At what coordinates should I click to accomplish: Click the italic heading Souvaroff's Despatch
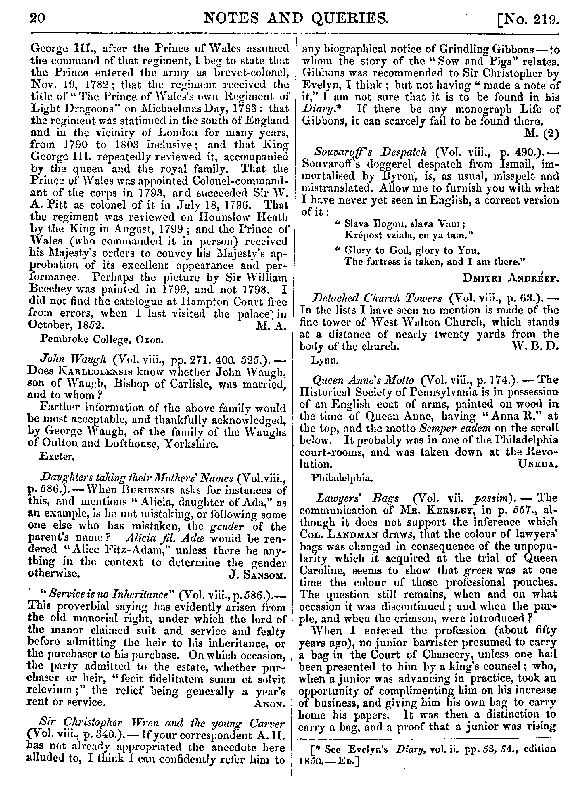coord(370,152)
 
